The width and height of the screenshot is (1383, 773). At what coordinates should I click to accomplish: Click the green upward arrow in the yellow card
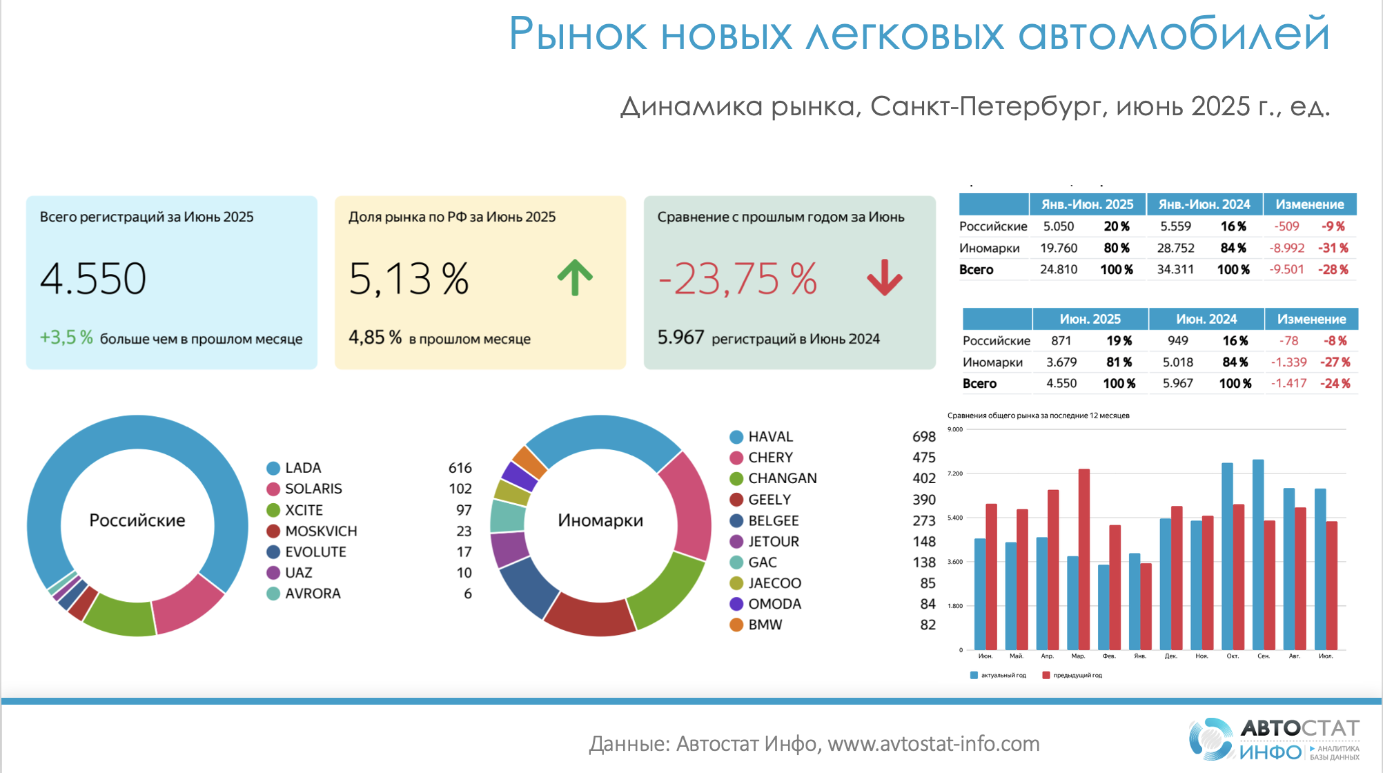(x=575, y=278)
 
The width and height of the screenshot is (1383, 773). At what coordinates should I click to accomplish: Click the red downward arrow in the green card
(x=885, y=278)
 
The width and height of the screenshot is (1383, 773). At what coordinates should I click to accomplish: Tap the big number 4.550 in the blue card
(x=93, y=279)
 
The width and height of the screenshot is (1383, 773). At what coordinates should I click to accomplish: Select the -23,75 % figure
(x=738, y=279)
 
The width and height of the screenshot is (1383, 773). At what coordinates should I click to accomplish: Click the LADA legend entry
(x=303, y=468)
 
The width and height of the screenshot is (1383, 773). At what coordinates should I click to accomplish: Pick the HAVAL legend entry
(x=770, y=437)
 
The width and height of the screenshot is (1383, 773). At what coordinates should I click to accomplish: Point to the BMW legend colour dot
(x=736, y=625)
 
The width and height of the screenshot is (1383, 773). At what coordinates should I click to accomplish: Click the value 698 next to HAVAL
(x=923, y=437)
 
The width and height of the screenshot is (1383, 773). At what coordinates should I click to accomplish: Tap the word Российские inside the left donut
(x=137, y=520)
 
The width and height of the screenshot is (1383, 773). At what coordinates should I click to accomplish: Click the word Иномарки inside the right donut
(x=600, y=520)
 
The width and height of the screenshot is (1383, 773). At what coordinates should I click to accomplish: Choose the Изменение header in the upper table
(x=1309, y=204)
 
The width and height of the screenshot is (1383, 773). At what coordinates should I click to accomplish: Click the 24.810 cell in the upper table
(x=1058, y=269)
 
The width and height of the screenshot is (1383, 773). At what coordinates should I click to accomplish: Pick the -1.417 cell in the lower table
(x=1288, y=383)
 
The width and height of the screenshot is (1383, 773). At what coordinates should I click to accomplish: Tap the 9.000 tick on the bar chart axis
(x=955, y=429)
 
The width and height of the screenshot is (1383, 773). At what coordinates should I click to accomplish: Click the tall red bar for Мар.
(x=1083, y=559)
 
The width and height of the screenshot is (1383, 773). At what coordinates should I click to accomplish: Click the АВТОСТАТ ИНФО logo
(x=1274, y=739)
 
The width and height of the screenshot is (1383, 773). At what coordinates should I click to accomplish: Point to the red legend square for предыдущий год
(x=1046, y=675)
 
